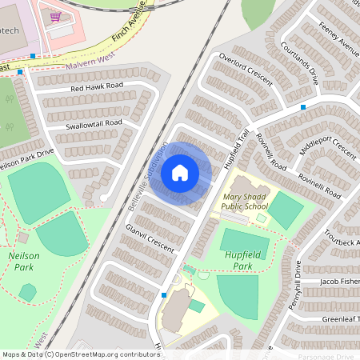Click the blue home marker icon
(180, 173)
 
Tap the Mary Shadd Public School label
(246, 200)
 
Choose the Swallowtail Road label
(95, 122)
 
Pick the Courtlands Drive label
(300, 63)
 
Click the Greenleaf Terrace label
(339, 317)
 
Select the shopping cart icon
(55, 16)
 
